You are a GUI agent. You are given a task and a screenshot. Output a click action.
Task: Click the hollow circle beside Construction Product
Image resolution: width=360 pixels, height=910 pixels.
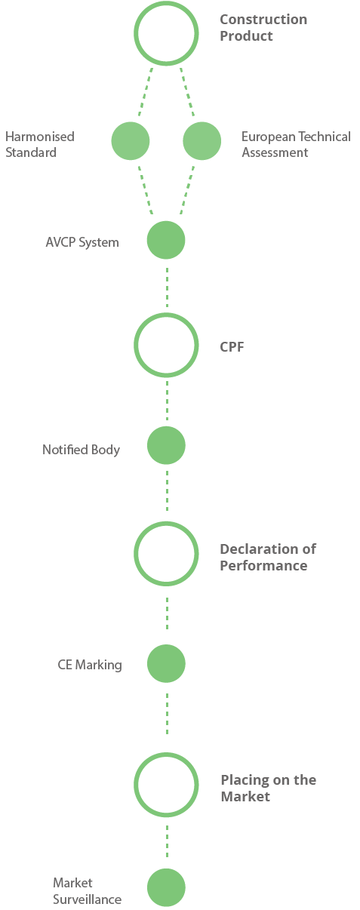pyautogui.click(x=136, y=33)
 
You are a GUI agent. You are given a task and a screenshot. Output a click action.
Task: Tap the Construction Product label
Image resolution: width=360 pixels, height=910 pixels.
pyautogui.click(x=263, y=28)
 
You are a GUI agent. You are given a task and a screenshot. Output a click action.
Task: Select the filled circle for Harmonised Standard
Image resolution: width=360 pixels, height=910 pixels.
pyautogui.click(x=131, y=140)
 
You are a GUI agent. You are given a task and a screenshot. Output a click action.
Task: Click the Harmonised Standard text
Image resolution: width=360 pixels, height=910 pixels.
pyautogui.click(x=40, y=144)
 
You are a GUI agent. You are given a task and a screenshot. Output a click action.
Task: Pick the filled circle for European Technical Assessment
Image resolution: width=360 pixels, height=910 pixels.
pyautogui.click(x=202, y=140)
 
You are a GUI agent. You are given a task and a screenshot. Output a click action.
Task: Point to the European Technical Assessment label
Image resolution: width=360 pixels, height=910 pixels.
pyautogui.click(x=296, y=144)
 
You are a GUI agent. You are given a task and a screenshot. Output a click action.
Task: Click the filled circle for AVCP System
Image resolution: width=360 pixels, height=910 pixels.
pyautogui.click(x=166, y=240)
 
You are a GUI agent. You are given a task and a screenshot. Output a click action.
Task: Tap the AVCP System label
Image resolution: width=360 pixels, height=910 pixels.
pyautogui.click(x=82, y=242)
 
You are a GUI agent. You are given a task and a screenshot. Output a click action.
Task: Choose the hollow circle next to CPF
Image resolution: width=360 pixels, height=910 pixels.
pyautogui.click(x=136, y=345)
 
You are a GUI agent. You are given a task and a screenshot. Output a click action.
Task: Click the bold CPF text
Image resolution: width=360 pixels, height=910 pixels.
pyautogui.click(x=232, y=347)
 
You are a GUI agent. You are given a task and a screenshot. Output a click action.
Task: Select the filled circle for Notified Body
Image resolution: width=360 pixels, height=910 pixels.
pyautogui.click(x=166, y=445)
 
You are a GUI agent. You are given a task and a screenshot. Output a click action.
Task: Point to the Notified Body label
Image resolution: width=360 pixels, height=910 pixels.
pyautogui.click(x=82, y=450)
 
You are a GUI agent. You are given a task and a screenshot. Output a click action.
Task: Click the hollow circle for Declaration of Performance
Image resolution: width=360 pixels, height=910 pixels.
pyautogui.click(x=136, y=554)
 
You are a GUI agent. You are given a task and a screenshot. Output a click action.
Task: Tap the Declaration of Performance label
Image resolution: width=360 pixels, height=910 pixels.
pyautogui.click(x=268, y=557)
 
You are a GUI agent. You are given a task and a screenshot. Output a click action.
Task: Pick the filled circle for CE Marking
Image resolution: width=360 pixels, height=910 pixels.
pyautogui.click(x=166, y=663)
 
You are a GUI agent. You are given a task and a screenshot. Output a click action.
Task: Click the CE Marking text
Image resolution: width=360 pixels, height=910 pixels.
pyautogui.click(x=90, y=665)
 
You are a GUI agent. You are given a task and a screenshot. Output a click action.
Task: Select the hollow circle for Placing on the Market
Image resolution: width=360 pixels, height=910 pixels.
pyautogui.click(x=136, y=785)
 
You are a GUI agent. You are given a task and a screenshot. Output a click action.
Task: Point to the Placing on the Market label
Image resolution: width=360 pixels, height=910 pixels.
pyautogui.click(x=269, y=788)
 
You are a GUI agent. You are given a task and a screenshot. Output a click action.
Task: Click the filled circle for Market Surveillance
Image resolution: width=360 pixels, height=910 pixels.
pyautogui.click(x=166, y=887)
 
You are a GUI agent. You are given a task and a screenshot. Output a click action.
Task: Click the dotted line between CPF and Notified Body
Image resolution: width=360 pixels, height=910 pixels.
pyautogui.click(x=167, y=401)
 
